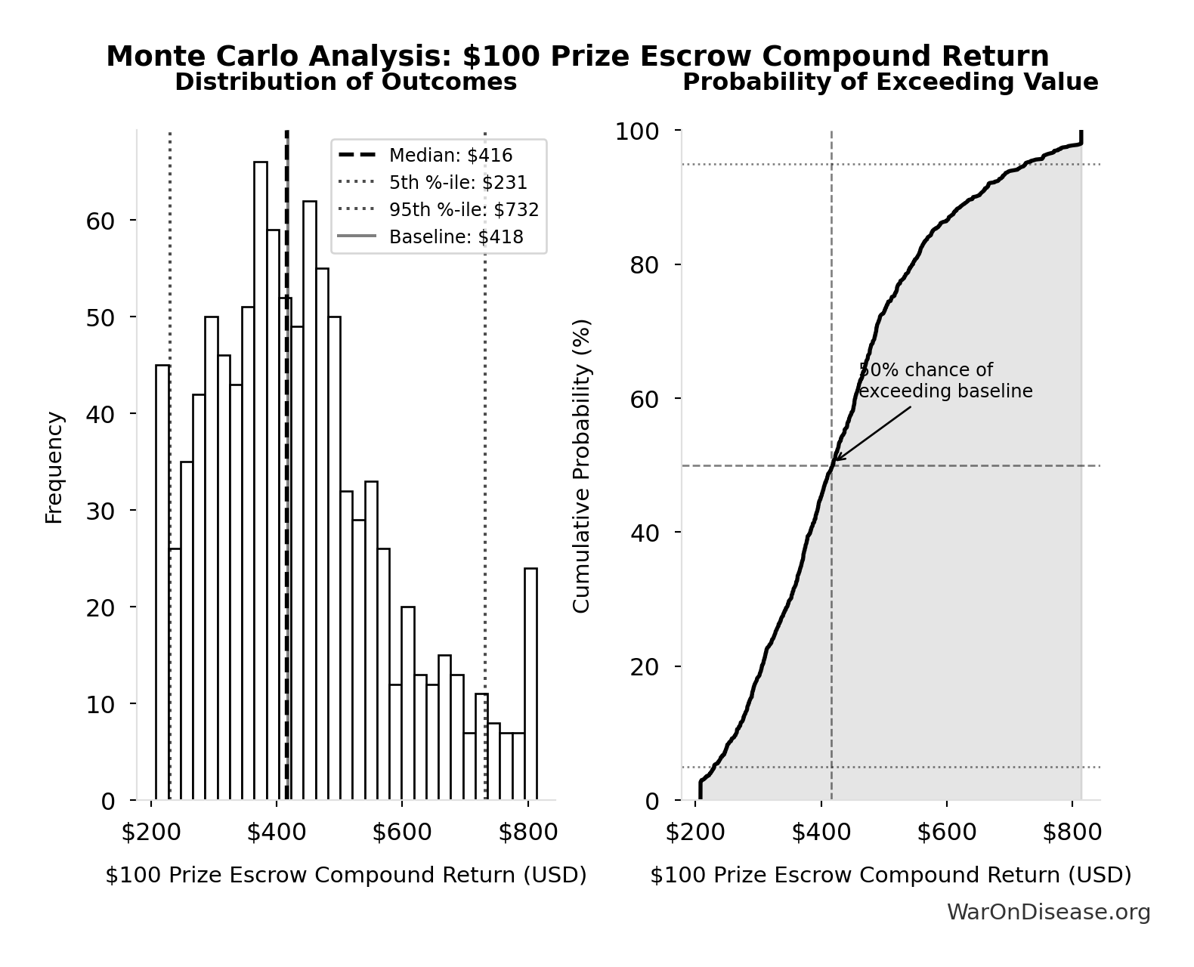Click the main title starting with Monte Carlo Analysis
point(577,57)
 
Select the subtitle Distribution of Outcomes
point(346,82)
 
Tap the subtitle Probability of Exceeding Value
point(890,82)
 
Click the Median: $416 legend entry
point(450,156)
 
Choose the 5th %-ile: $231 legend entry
point(458,183)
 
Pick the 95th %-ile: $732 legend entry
point(464,210)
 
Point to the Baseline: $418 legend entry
point(456,237)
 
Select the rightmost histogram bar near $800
point(530,684)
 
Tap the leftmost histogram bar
point(162,582)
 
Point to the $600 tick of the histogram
point(402,833)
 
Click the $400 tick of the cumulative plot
point(821,833)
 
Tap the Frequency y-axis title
point(54,467)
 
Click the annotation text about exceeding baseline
point(945,381)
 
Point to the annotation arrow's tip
point(835,460)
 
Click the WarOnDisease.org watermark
point(1048,913)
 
